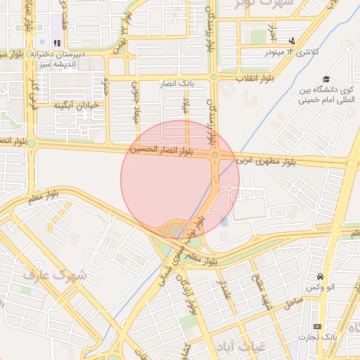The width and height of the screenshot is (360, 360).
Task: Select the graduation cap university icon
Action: [x=326, y=79]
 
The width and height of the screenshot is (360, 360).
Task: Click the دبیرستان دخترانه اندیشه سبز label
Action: [x=70, y=58]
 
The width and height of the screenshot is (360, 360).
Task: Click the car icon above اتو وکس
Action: [x=321, y=276]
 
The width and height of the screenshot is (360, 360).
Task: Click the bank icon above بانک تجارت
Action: [x=317, y=326]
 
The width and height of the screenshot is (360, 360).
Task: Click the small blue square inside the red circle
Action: [x=224, y=222]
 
